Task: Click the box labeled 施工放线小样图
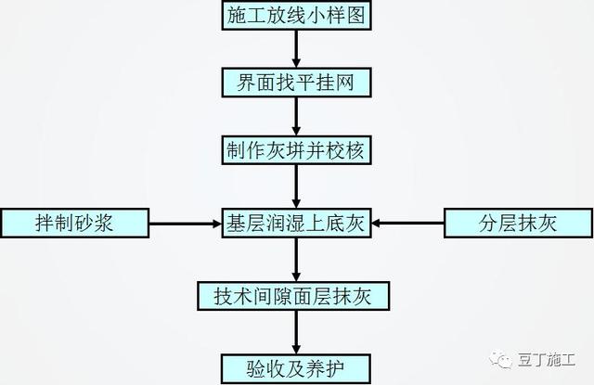[x=296, y=15]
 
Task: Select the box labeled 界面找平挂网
[x=296, y=83]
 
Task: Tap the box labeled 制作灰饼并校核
[x=296, y=150]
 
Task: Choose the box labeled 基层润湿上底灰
[x=296, y=223]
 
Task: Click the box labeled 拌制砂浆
[x=75, y=223]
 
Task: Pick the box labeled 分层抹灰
[x=518, y=223]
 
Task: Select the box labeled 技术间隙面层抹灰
[x=293, y=296]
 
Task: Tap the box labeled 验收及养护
[x=296, y=368]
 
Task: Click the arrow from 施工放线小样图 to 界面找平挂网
[x=296, y=49]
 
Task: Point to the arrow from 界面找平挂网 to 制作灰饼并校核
[x=296, y=117]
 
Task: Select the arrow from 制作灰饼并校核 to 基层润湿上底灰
[x=296, y=186]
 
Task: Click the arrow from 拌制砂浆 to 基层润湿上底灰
[x=186, y=224]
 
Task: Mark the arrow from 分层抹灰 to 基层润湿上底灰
[x=407, y=224]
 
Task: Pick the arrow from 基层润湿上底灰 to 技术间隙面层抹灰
[x=296, y=260]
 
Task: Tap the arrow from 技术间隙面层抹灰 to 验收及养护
[x=296, y=332]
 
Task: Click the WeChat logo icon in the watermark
[x=500, y=359]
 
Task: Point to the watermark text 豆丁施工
[x=547, y=360]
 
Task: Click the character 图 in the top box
[x=356, y=16]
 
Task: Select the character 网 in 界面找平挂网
[x=344, y=83]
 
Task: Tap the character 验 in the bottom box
[x=256, y=368]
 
